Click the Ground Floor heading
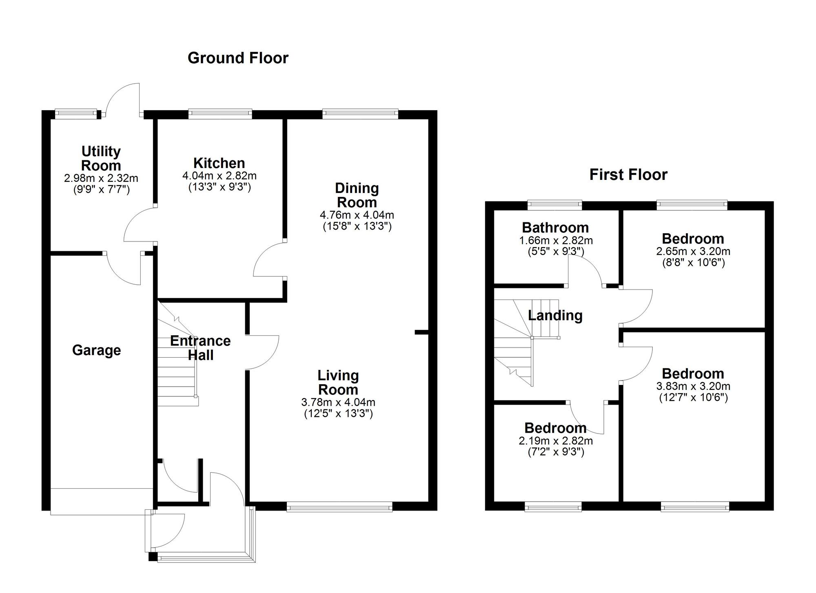click(238, 58)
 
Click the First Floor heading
click(628, 175)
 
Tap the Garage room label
click(96, 350)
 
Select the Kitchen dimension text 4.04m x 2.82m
click(219, 176)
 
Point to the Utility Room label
click(101, 158)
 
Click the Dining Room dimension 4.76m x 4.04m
click(357, 215)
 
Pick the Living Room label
click(338, 382)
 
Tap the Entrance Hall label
click(200, 347)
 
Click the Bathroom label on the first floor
click(555, 227)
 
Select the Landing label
click(555, 315)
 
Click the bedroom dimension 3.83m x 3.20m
click(693, 386)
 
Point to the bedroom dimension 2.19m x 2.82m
click(556, 440)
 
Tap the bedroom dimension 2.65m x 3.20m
click(693, 251)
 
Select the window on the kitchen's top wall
click(220, 114)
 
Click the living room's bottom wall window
click(339, 507)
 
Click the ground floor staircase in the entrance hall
click(176, 367)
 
